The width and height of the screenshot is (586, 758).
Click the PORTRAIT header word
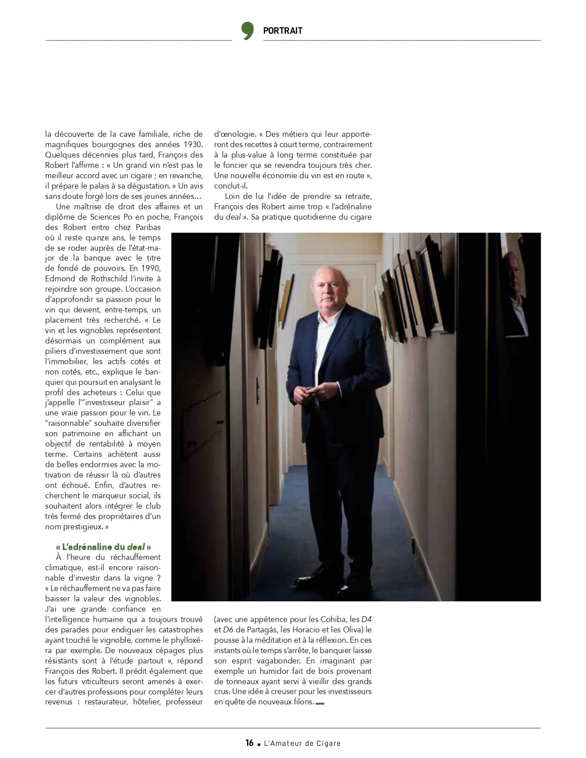[x=283, y=31]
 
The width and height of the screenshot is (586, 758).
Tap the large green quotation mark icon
[x=247, y=30]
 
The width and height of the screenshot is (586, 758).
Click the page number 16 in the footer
[x=249, y=743]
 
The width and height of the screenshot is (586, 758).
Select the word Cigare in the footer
[x=328, y=743]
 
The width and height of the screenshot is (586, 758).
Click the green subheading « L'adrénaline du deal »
[x=103, y=547]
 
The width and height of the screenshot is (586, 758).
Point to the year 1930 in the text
[x=192, y=144]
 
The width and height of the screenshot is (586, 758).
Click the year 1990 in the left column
[x=151, y=268]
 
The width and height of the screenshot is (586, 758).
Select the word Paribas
[x=146, y=227]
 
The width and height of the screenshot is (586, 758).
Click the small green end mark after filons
[x=320, y=703]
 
